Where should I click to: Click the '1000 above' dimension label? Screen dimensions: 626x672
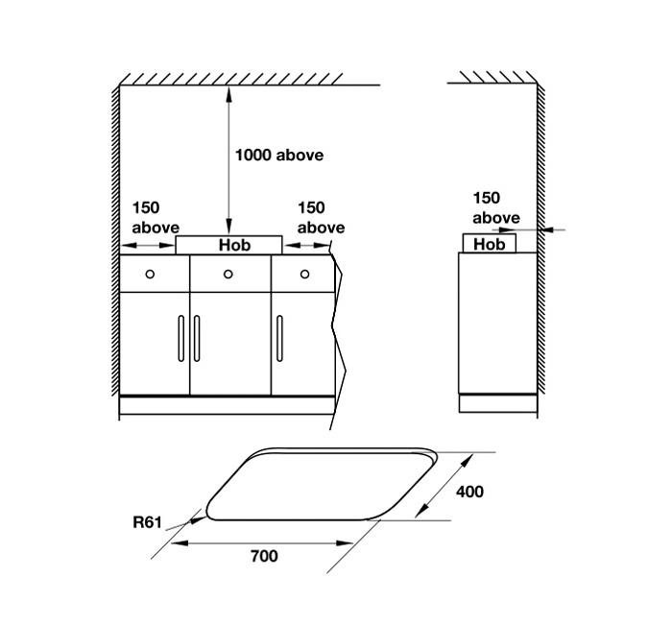pyautogui.click(x=279, y=155)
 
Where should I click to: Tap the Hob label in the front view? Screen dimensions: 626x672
pyautogui.click(x=234, y=246)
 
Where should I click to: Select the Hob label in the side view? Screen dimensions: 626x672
pyautogui.click(x=489, y=245)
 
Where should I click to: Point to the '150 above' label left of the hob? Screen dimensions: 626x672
pyautogui.click(x=155, y=218)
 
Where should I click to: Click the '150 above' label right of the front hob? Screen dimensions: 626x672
pyautogui.click(x=321, y=218)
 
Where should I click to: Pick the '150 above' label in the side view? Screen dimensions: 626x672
pyautogui.click(x=496, y=208)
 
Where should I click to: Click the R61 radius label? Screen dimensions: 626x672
pyautogui.click(x=146, y=524)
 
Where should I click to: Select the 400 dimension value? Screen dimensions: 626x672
pyautogui.click(x=469, y=492)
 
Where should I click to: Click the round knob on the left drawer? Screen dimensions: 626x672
pyautogui.click(x=150, y=275)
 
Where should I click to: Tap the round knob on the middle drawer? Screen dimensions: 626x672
pyautogui.click(x=228, y=275)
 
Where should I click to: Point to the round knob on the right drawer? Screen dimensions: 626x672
pyautogui.click(x=304, y=275)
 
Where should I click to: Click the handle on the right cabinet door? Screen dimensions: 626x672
pyautogui.click(x=279, y=338)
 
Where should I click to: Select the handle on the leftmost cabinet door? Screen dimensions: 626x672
pyautogui.click(x=180, y=338)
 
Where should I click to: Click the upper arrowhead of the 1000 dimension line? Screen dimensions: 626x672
pyautogui.click(x=228, y=93)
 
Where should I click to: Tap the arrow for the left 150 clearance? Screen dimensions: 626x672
pyautogui.click(x=148, y=246)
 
